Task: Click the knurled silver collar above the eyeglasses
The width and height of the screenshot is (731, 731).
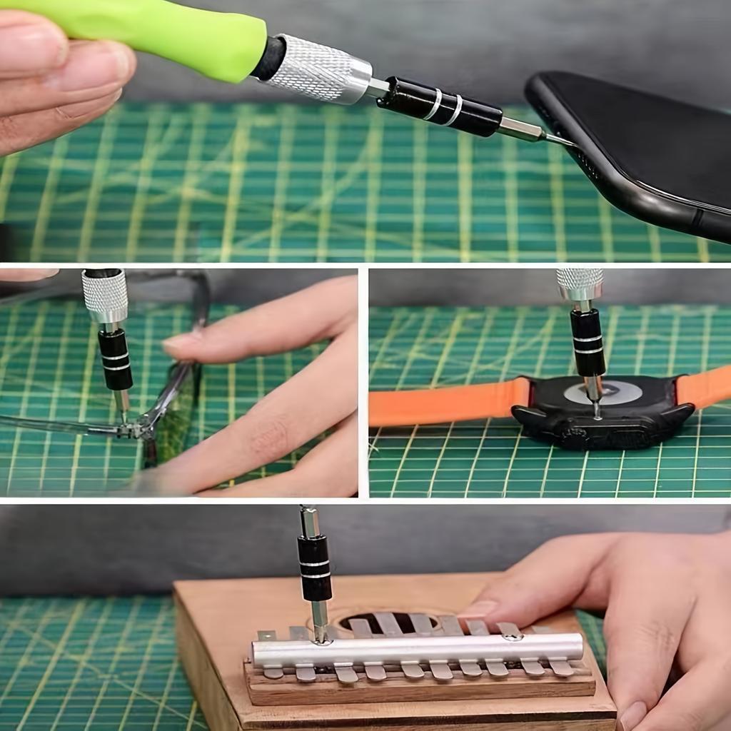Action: pos(105,296)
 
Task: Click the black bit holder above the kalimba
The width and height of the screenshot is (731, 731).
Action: pos(315,568)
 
